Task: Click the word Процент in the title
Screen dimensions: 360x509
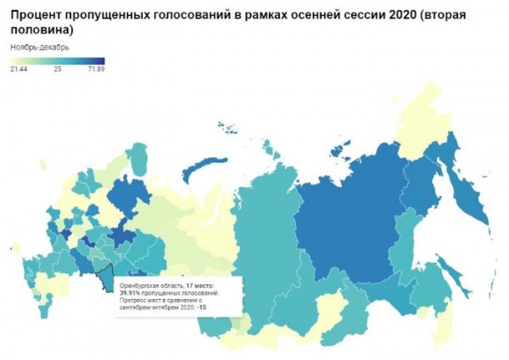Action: pyautogui.click(x=37, y=12)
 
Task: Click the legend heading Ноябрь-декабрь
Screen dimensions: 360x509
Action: pyautogui.click(x=40, y=46)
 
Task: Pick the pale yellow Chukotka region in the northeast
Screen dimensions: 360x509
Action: pyautogui.click(x=433, y=102)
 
